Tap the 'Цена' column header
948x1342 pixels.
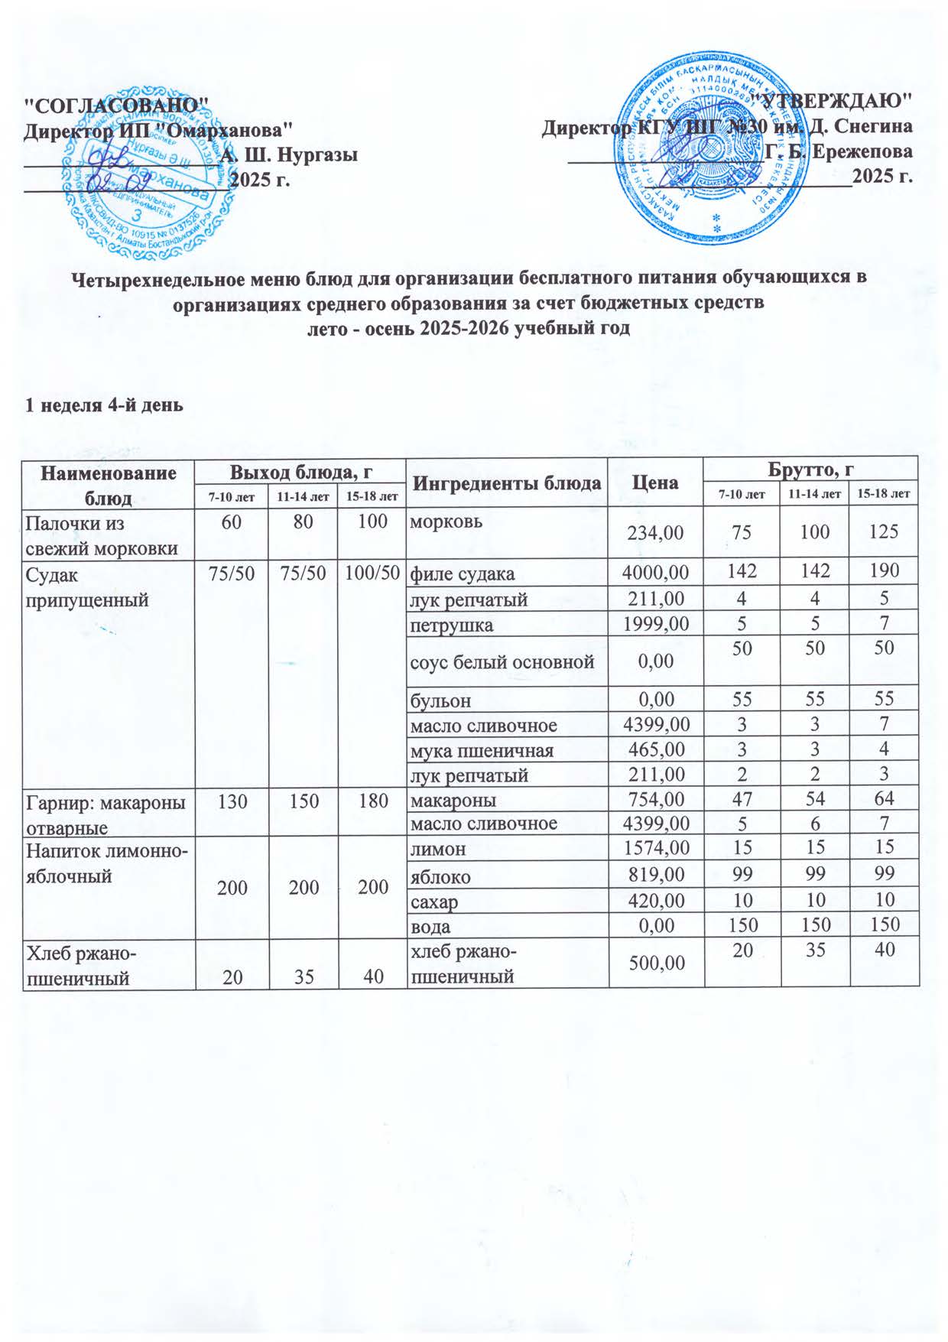(x=655, y=483)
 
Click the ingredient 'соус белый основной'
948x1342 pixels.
(x=502, y=661)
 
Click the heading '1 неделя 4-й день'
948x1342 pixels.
(x=105, y=405)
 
